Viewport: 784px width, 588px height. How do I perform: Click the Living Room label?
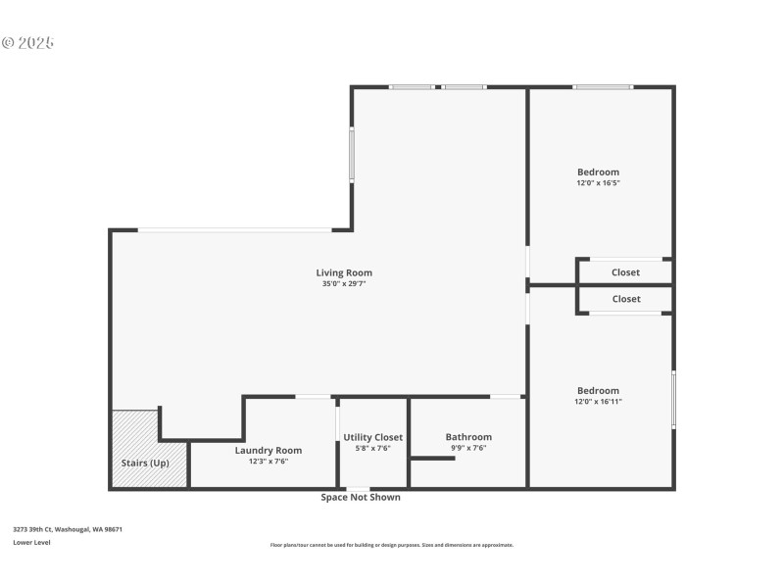coord(343,272)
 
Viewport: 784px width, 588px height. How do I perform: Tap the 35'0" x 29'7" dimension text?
coord(343,284)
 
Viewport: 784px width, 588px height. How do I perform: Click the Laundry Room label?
coord(268,450)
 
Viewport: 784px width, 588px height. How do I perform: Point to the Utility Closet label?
coord(372,437)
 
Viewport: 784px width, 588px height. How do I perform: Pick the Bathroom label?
coord(468,437)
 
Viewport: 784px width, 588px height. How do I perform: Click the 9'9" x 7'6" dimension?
coord(468,448)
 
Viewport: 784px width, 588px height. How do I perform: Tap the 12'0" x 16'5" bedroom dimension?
coord(598,183)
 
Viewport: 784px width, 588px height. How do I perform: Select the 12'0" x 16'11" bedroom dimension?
coord(598,401)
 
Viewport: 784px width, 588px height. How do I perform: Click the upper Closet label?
coord(625,272)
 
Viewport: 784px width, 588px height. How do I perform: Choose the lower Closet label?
coord(626,299)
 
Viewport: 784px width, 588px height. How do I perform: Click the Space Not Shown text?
coord(361,497)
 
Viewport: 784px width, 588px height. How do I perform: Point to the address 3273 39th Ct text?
coord(68,529)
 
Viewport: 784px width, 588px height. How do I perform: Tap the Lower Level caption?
coord(31,542)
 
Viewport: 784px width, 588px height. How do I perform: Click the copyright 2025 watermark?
coord(27,43)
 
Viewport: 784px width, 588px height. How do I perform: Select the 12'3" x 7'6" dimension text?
coord(268,461)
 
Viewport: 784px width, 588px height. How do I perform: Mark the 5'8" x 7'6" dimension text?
coord(372,448)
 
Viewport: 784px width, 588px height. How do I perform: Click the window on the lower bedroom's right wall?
coord(673,399)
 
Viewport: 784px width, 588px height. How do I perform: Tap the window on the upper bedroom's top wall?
coord(602,87)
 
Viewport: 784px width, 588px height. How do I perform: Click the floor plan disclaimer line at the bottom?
coord(391,545)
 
